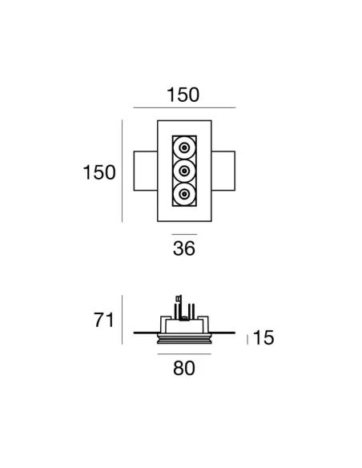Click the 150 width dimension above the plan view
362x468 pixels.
[183, 95]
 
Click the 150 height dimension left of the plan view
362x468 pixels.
[100, 171]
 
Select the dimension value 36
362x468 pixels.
[184, 248]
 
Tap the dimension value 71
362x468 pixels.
[101, 321]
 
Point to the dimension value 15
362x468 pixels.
[263, 338]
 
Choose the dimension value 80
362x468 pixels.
[184, 369]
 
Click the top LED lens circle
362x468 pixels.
[185, 148]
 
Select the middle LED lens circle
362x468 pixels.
[185, 171]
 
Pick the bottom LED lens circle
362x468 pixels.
[185, 193]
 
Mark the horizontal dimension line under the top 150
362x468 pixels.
[183, 107]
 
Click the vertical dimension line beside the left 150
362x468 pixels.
[122, 171]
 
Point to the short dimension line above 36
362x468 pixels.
[184, 235]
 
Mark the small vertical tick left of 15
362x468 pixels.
[248, 339]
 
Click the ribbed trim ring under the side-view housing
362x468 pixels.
[184, 341]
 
